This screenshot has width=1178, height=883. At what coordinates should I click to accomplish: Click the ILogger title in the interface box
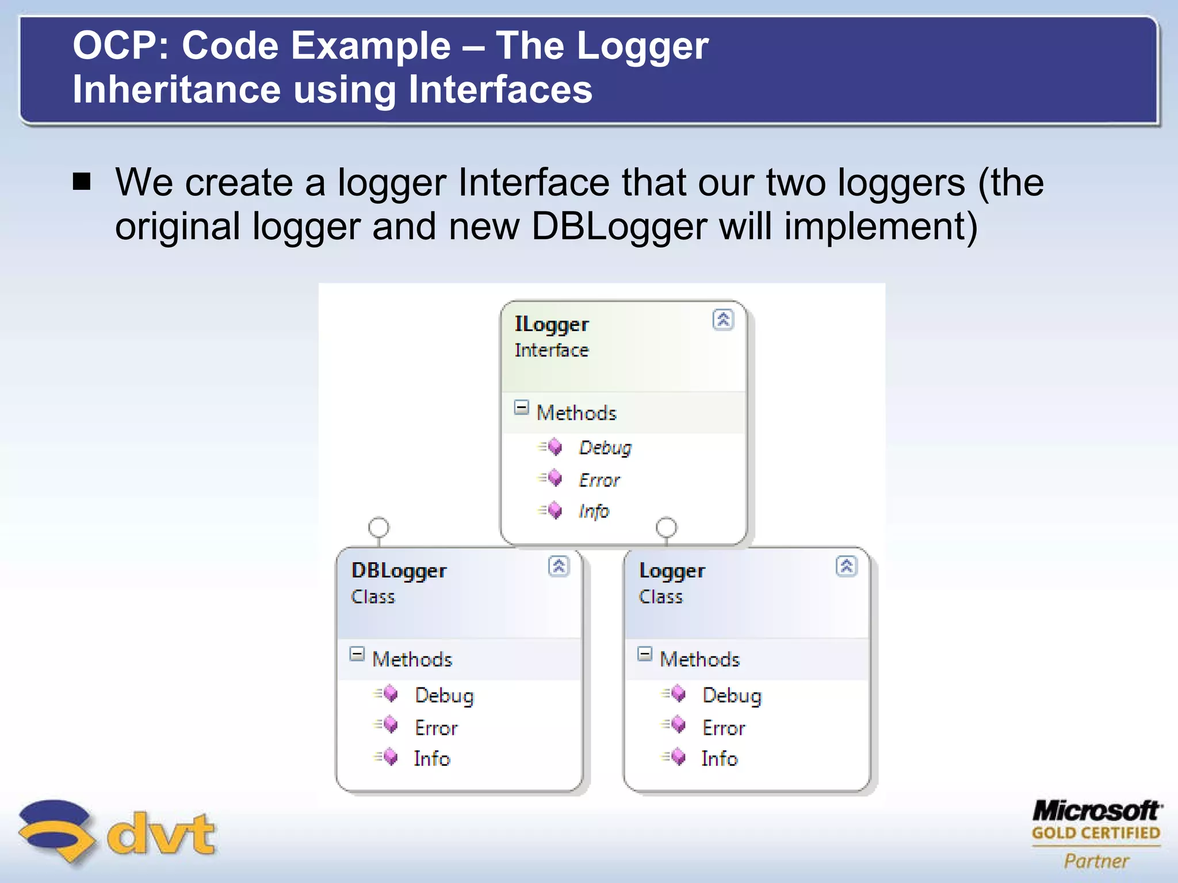[x=551, y=324]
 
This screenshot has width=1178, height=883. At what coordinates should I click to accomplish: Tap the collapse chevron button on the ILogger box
[x=723, y=319]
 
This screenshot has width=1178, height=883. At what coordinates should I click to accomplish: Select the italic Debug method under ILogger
[x=605, y=447]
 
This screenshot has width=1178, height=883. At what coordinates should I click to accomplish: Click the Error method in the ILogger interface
[x=599, y=479]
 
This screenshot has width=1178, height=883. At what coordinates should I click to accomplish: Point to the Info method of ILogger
[x=594, y=510]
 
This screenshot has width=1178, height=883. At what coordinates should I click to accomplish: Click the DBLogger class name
[x=399, y=571]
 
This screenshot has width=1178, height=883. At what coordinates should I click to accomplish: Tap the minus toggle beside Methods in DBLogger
[x=357, y=654]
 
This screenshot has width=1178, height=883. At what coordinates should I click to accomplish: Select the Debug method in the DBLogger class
[x=444, y=695]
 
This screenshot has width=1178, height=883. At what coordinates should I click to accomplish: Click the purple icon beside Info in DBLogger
[x=389, y=757]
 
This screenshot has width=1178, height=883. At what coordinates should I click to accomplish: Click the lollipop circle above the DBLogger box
[x=378, y=527]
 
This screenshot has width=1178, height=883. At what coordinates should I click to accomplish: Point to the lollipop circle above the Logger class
[x=666, y=527]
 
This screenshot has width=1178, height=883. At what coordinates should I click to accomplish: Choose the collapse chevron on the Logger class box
[x=846, y=566]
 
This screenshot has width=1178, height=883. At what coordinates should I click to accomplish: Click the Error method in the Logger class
[x=723, y=728]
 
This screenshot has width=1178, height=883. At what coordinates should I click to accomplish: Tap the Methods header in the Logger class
[x=699, y=659]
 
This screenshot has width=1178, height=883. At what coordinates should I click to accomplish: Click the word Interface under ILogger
[x=551, y=350]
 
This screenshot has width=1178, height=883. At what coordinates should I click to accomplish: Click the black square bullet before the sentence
[x=82, y=182]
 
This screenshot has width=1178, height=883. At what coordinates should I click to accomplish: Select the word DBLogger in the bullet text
[x=618, y=226]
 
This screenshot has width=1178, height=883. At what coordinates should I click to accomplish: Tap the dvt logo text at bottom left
[x=161, y=833]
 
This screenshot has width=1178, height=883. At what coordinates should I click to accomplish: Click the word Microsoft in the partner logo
[x=1096, y=811]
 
